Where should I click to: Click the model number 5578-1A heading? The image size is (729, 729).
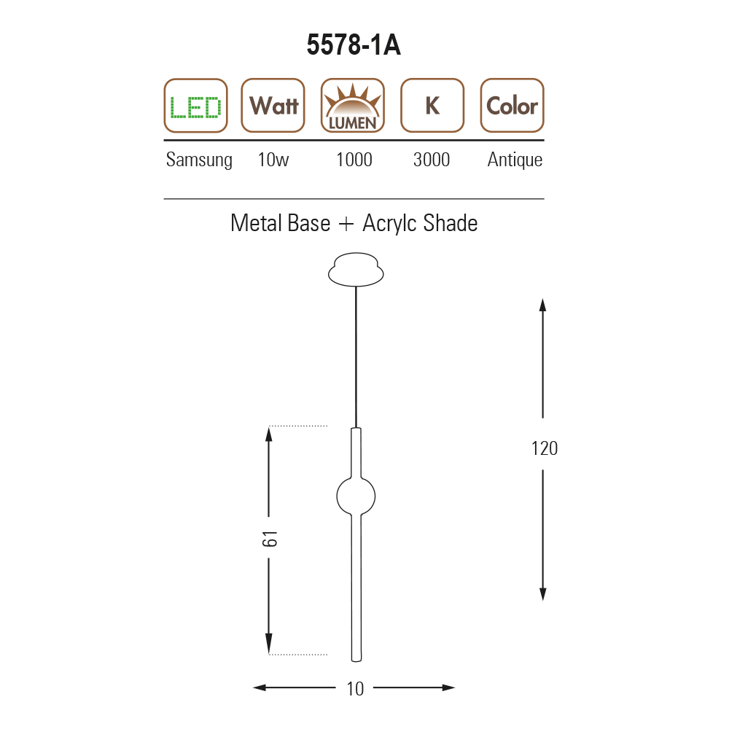click(354, 45)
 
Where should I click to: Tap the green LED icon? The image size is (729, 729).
click(195, 106)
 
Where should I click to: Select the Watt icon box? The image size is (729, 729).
click(273, 106)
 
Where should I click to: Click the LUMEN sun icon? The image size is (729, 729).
click(353, 106)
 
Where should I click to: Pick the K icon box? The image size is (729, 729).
click(432, 106)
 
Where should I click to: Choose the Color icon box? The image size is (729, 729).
click(512, 106)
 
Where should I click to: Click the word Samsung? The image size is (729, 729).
click(199, 160)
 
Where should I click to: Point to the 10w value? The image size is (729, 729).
click(273, 160)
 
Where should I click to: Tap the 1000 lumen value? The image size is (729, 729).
click(354, 160)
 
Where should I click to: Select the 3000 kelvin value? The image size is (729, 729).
click(432, 160)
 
